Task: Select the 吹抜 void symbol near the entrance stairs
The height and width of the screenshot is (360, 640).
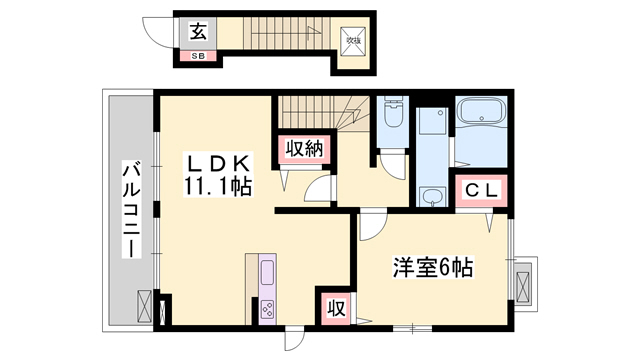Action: pyautogui.click(x=353, y=40)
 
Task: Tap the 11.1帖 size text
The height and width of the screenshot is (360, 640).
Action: pyautogui.click(x=216, y=185)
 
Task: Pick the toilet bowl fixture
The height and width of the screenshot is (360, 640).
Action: pyautogui.click(x=392, y=113)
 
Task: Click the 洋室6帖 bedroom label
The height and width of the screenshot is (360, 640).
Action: pyautogui.click(x=431, y=267)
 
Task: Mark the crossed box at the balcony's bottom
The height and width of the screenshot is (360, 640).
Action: pyautogui.click(x=143, y=305)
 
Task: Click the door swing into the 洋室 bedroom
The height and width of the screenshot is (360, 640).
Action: pyautogui.click(x=368, y=224)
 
